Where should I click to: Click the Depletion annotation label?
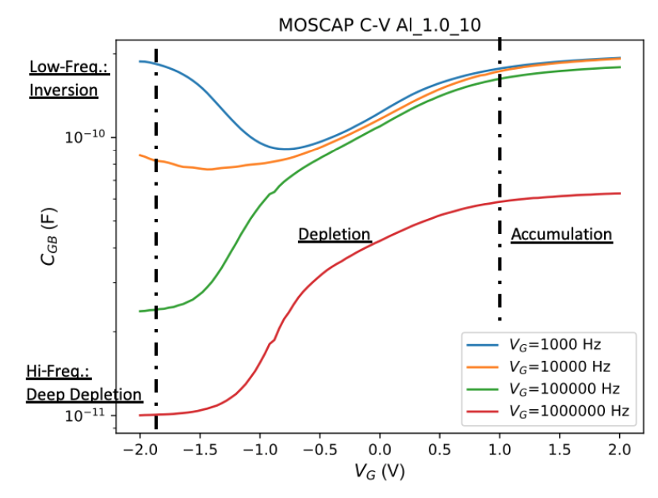click(x=335, y=235)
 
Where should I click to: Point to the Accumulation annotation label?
click(x=561, y=235)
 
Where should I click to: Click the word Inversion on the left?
click(x=63, y=90)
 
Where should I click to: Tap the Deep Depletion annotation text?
click(x=84, y=394)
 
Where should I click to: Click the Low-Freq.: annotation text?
click(x=69, y=68)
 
